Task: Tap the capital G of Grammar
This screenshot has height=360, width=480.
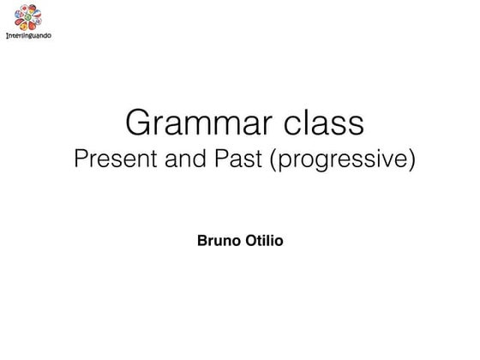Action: coord(139,122)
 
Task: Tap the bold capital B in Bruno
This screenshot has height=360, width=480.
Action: coord(202,240)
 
